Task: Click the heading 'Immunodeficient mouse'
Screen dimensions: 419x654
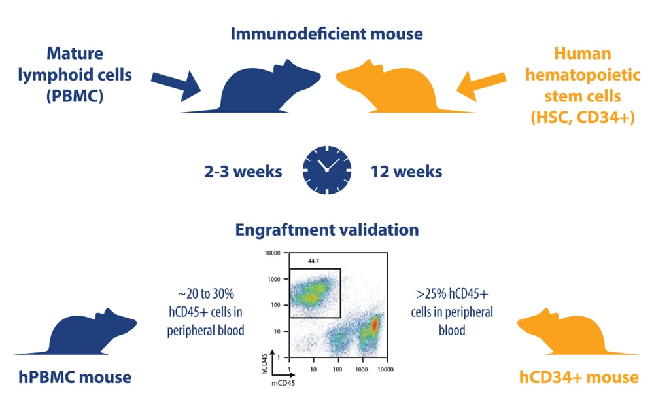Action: [x=326, y=31]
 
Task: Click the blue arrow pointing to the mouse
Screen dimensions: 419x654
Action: [x=177, y=82]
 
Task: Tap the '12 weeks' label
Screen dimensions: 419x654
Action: [x=405, y=172]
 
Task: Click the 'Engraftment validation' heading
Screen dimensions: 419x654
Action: [x=326, y=230]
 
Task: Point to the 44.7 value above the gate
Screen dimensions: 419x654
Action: [x=313, y=261]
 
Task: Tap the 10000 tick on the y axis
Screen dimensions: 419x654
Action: [x=272, y=253]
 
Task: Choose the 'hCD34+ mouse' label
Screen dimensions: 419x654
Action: [x=578, y=377]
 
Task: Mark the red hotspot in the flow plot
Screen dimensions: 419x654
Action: [x=375, y=325]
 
